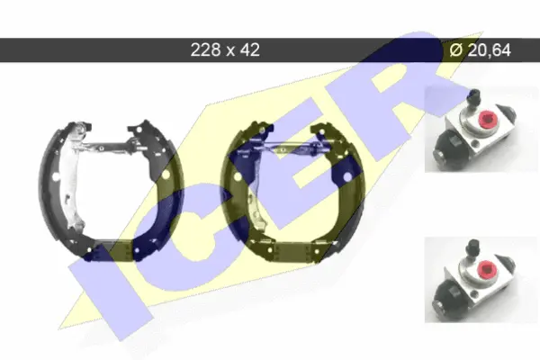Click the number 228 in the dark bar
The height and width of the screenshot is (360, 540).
point(205,50)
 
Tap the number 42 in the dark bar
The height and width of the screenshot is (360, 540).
point(250,50)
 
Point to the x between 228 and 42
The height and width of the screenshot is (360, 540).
point(230,51)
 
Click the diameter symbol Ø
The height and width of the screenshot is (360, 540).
point(455,50)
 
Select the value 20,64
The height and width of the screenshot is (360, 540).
point(490,50)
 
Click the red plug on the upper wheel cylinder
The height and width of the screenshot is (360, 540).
point(487,121)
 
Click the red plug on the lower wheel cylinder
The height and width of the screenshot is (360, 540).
point(487,269)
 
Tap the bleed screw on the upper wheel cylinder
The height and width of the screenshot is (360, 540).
point(474,97)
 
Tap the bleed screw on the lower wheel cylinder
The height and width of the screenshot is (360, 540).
point(473,247)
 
